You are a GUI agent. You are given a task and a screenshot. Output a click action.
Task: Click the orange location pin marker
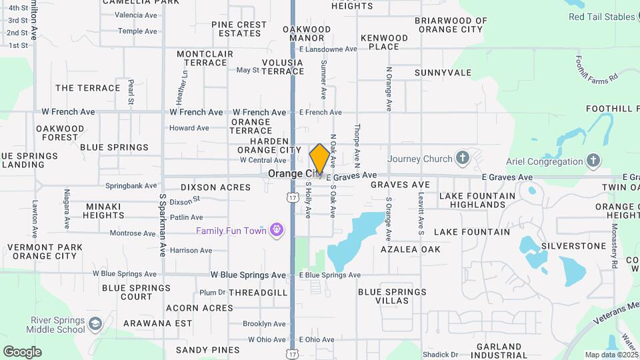[320, 159]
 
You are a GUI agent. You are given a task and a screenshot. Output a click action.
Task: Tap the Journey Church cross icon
[463, 159]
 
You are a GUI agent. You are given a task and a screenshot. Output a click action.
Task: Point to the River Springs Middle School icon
[95, 323]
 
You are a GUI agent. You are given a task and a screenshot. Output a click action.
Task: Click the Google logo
[22, 351]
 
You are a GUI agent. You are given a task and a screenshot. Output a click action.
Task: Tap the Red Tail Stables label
[601, 17]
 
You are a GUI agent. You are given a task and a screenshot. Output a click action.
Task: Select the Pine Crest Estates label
[239, 29]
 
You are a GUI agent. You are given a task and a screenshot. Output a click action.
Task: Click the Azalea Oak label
[411, 249]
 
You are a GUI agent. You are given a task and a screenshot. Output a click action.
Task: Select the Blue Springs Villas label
[392, 296]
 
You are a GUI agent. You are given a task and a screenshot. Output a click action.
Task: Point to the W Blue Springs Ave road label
[248, 275]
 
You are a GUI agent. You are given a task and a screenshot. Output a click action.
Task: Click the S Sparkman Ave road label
[162, 225]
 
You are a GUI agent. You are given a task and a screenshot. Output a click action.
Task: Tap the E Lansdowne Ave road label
[329, 49]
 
